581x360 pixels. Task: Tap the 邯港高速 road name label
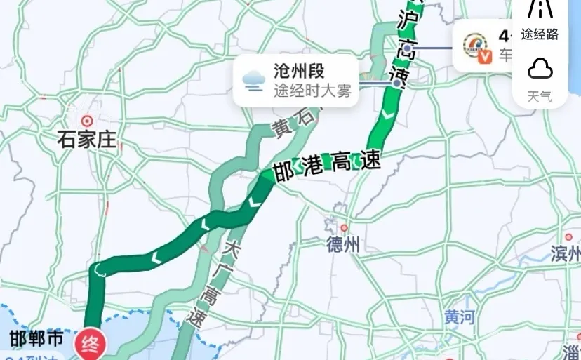click(327, 166)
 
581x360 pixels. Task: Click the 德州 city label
click(343, 244)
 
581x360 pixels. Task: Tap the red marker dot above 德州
click(344, 228)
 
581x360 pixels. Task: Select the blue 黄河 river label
click(459, 316)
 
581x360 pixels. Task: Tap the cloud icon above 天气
click(540, 69)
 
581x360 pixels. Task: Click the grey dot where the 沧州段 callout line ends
click(397, 83)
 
